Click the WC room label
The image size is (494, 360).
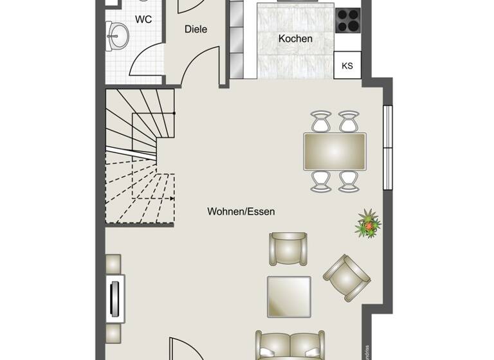tap(143, 19)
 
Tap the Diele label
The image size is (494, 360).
tap(196, 29)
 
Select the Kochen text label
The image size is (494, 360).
tap(295, 39)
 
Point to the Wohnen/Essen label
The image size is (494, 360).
tap(241, 211)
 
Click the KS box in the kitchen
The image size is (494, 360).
tap(347, 66)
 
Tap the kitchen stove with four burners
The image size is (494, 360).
tap(348, 20)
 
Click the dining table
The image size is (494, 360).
tap(334, 152)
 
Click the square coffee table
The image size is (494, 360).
tap(289, 296)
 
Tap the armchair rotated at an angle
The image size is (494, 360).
tap(347, 277)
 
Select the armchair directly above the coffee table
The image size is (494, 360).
tap(289, 248)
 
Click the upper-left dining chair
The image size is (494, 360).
tap(321, 120)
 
